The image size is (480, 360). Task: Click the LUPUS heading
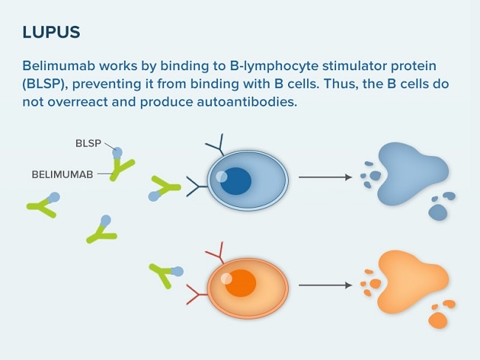pyautogui.click(x=52, y=33)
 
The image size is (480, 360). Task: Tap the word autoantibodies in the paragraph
pyautogui.click(x=247, y=102)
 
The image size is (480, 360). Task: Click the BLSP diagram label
pyautogui.click(x=88, y=143)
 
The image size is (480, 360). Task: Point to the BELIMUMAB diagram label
pyautogui.click(x=63, y=174)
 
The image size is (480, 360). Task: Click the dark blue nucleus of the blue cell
pyautogui.click(x=236, y=181)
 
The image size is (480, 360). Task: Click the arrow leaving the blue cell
pyautogui.click(x=326, y=177)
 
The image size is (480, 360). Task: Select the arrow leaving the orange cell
pyautogui.click(x=326, y=285)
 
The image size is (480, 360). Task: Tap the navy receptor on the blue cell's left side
pyautogui.click(x=196, y=186)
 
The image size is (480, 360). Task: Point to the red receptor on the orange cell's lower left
pyautogui.click(x=196, y=295)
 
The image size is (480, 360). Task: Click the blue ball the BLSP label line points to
pyautogui.click(x=117, y=152)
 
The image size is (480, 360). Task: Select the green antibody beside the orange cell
pyautogui.click(x=163, y=274)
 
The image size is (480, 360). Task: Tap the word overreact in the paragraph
pyautogui.click(x=77, y=102)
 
